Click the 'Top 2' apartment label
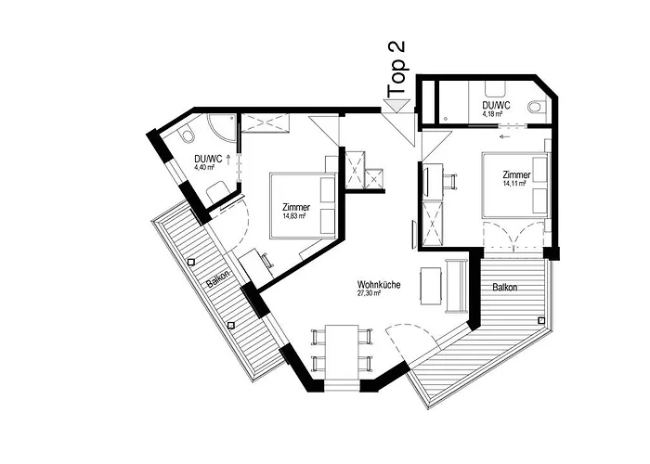(x=396, y=70)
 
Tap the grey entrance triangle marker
(x=396, y=105)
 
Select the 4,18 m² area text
(x=492, y=113)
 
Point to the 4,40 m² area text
(x=204, y=167)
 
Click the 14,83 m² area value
(x=294, y=216)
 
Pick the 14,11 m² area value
(x=514, y=183)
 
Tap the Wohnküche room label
(x=379, y=285)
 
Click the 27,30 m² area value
(x=369, y=293)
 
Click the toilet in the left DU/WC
(x=186, y=135)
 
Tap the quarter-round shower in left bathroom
(x=221, y=127)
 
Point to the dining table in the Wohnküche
(x=342, y=352)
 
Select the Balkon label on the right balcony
(x=505, y=287)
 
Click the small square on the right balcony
(x=541, y=320)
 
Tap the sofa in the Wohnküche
(x=457, y=286)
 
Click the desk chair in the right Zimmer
(x=450, y=181)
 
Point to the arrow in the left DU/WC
(x=228, y=160)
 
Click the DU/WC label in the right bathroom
(x=496, y=105)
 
